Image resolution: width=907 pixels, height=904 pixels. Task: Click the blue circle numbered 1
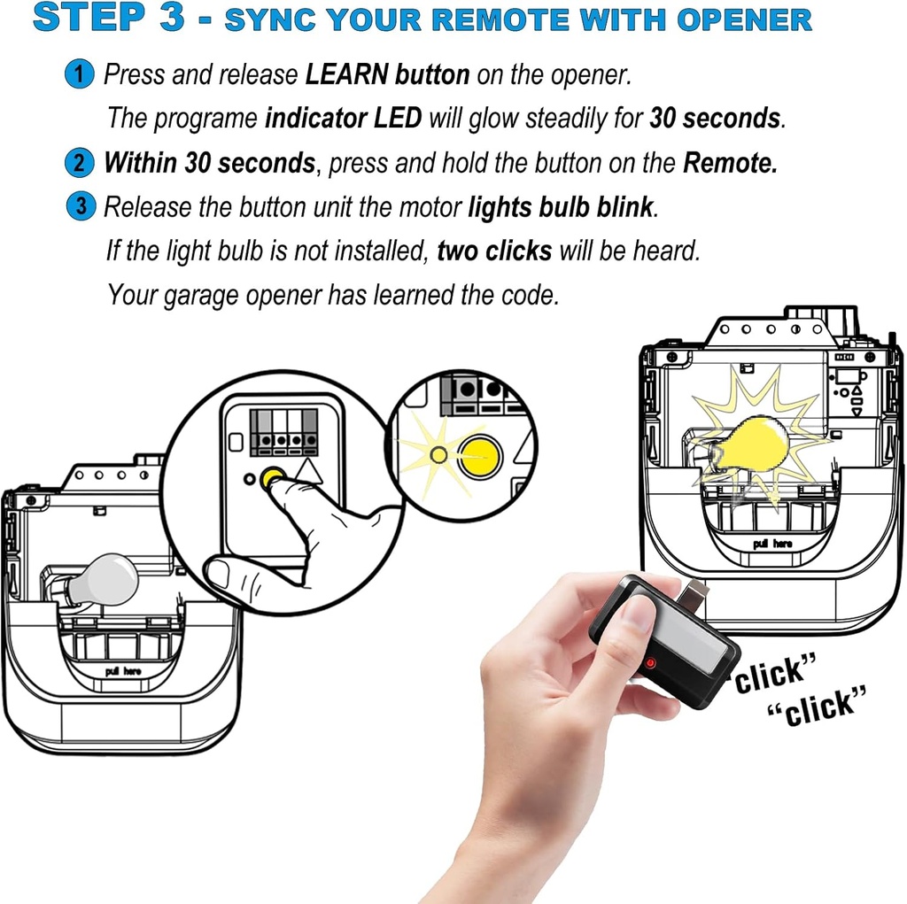(x=79, y=74)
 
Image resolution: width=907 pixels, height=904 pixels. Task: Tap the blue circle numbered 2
(x=79, y=163)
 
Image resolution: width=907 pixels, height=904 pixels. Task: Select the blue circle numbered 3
(x=81, y=206)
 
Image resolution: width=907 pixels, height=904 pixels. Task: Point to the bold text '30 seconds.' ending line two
(x=717, y=118)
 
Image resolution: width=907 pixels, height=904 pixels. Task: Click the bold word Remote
(x=730, y=163)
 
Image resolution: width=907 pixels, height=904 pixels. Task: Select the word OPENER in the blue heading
(x=744, y=19)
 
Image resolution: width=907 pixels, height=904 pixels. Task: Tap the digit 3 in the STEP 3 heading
(x=172, y=17)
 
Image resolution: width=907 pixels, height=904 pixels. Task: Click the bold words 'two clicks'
(x=494, y=251)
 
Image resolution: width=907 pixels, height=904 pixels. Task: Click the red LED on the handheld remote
(x=651, y=662)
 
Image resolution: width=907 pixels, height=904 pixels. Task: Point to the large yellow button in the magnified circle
(x=479, y=456)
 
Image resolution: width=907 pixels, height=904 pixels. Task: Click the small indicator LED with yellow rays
(x=439, y=455)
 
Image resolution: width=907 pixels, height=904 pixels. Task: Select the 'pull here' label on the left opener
(x=123, y=671)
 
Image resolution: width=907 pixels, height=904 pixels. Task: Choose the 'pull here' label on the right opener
(x=772, y=543)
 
